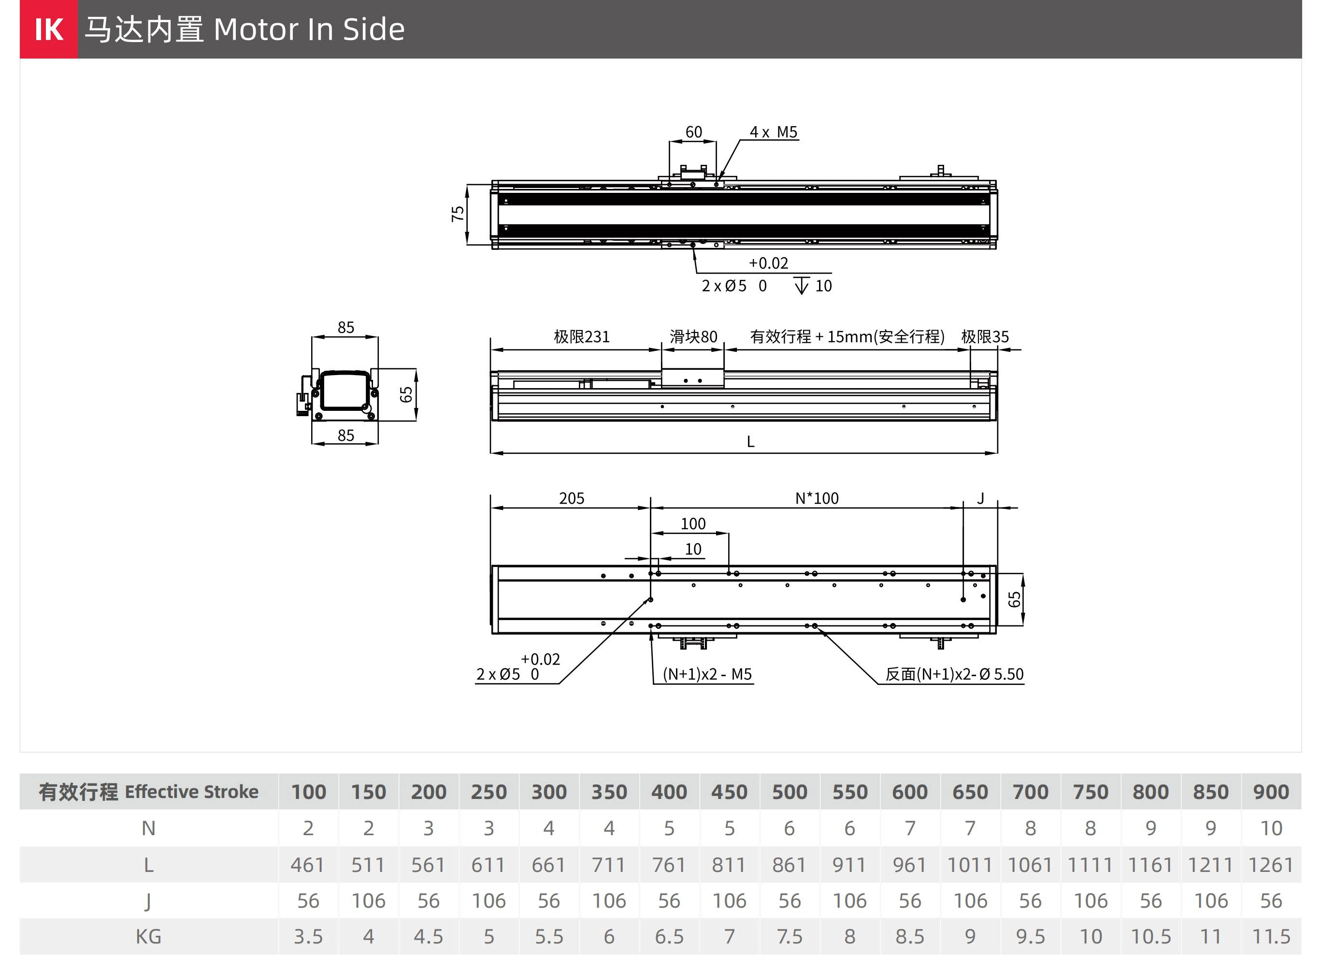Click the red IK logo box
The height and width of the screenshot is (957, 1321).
tap(48, 29)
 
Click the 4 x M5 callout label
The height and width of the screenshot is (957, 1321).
tap(773, 132)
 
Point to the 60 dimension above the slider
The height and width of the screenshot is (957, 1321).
tap(693, 132)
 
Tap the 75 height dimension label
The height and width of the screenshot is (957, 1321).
tap(458, 214)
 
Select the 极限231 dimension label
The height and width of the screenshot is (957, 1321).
tap(581, 337)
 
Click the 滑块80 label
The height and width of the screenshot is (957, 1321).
tap(693, 337)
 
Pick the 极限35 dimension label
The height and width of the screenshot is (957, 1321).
tap(985, 337)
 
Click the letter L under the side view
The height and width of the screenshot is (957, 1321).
tap(750, 442)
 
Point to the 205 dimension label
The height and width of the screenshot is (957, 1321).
tap(572, 499)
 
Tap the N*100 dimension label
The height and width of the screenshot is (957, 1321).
tap(817, 499)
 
